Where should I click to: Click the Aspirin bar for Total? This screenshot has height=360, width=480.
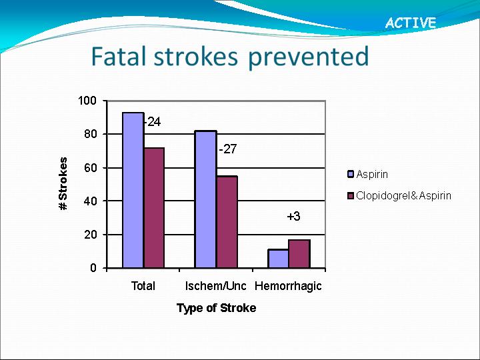point(133,191)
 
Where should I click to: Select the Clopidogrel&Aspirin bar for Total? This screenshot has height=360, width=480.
point(154,208)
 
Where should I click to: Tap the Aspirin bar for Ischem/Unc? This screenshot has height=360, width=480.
point(206,199)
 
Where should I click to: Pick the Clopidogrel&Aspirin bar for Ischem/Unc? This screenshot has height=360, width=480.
point(227,222)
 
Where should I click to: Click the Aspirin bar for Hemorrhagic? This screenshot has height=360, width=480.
point(278,259)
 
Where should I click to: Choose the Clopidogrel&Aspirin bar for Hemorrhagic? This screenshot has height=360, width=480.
point(299,254)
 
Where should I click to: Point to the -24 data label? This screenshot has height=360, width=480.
point(153,122)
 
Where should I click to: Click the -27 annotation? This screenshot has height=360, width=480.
point(228,149)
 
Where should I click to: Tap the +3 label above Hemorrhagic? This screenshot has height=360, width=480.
point(293,217)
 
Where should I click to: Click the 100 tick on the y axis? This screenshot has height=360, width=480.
point(87,101)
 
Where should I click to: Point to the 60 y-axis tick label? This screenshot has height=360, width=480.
point(90,168)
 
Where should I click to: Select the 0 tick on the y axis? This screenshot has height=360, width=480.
point(93,268)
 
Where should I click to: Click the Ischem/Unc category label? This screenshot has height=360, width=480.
point(216,286)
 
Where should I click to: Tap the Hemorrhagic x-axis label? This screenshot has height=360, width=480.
point(289,286)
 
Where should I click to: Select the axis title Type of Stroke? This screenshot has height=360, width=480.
point(217,308)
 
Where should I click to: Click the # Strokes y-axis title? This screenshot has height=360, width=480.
point(63,184)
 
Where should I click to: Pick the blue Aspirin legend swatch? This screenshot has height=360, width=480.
point(351,174)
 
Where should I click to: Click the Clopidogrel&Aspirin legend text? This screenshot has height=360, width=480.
point(404,196)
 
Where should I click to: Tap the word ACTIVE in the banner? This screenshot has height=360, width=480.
point(411,23)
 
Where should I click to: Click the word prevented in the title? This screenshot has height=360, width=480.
point(309,57)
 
